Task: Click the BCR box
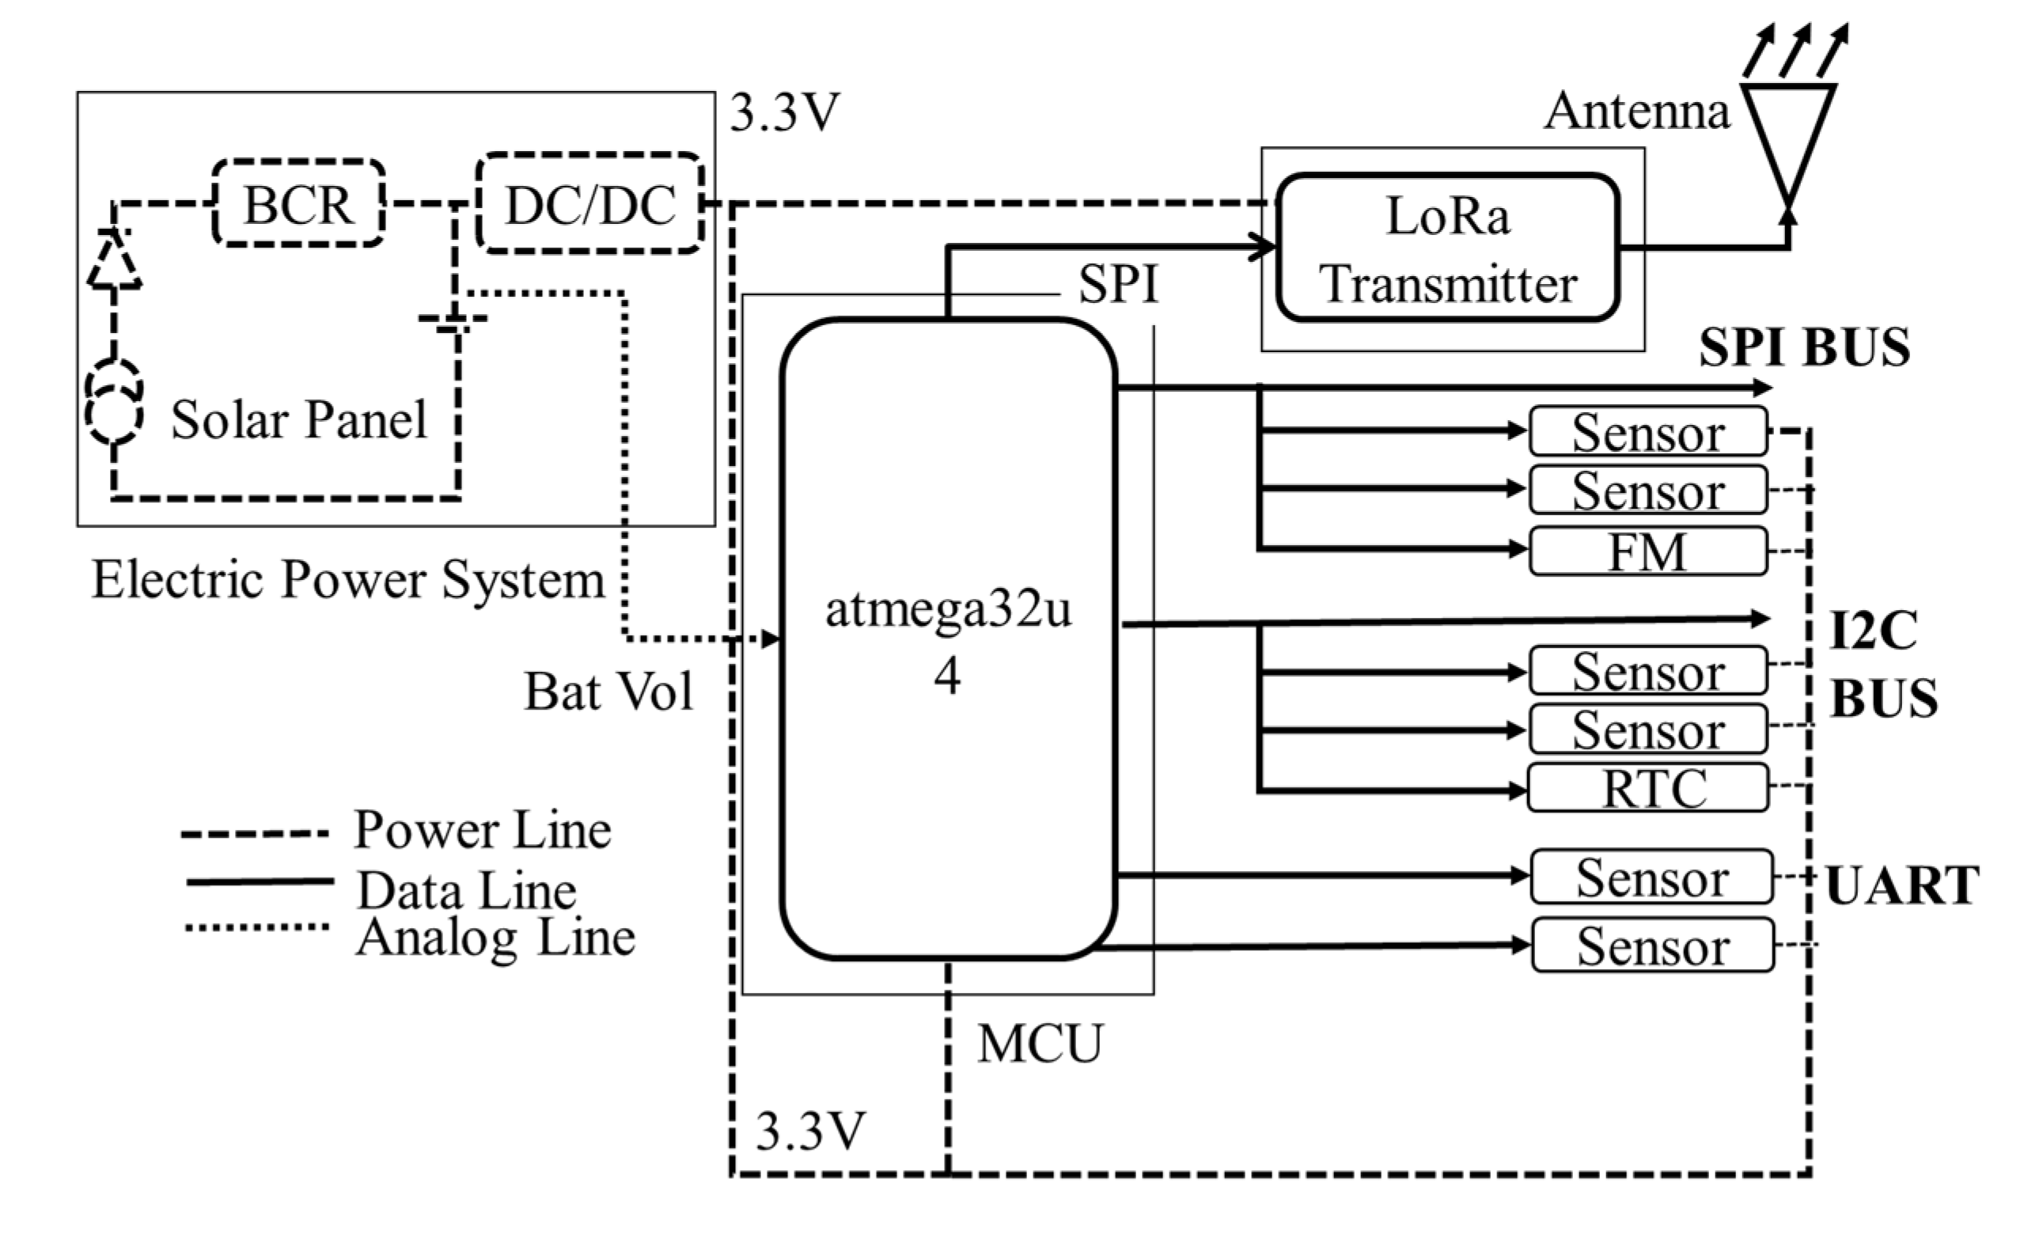tap(298, 203)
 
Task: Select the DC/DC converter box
tap(590, 203)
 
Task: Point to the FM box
tap(1648, 551)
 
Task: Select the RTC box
tap(1648, 788)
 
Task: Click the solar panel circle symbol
tap(115, 402)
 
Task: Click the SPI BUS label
tap(1803, 347)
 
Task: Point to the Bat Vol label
tap(608, 691)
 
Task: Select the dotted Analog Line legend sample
tap(256, 927)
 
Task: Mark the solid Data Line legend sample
tap(259, 881)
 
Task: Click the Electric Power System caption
tap(347, 580)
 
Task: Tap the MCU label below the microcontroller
tap(1040, 1044)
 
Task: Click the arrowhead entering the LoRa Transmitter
tap(1263, 246)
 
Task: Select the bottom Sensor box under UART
tap(1653, 945)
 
